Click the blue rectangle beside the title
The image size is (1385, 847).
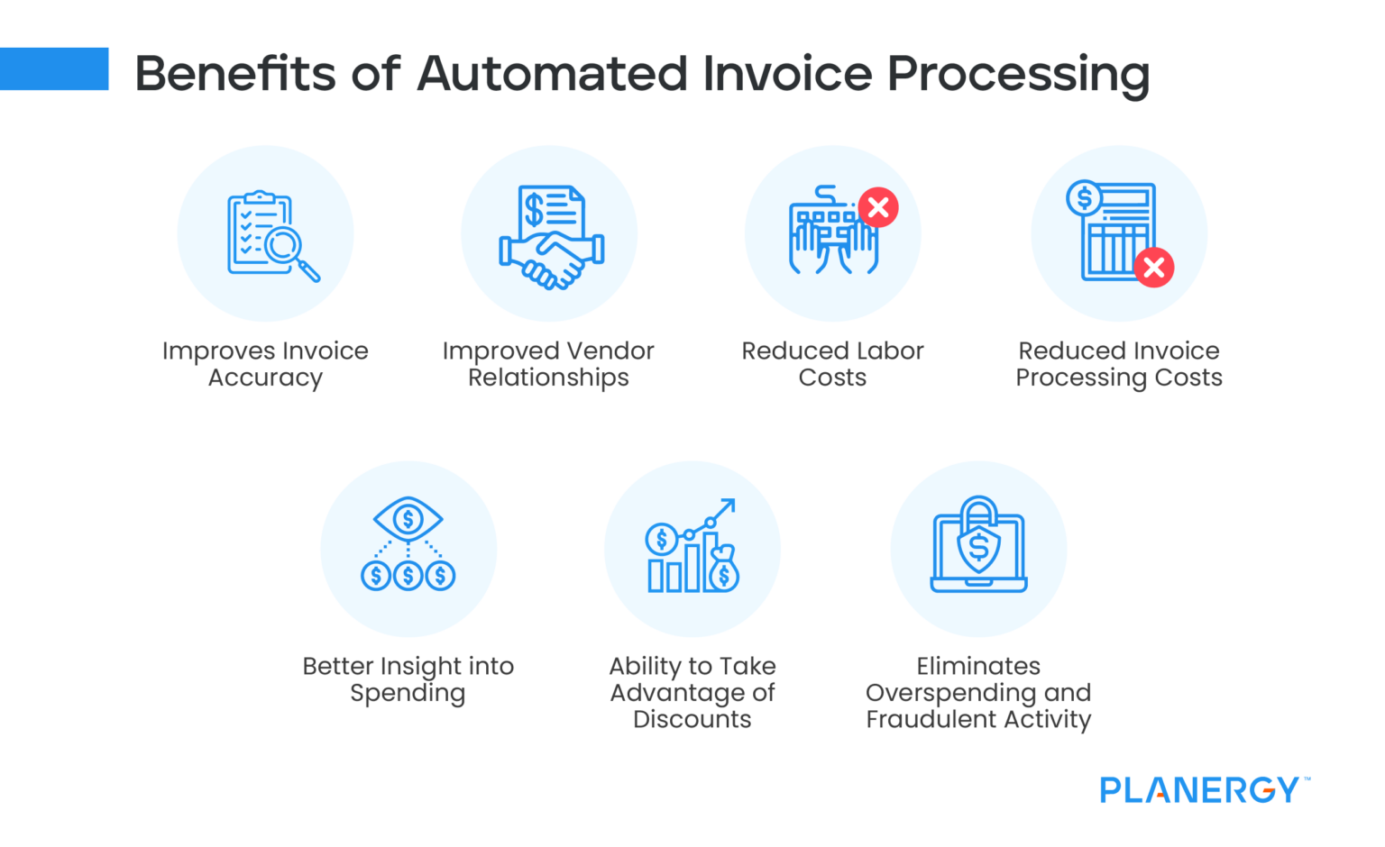pyautogui.click(x=54, y=68)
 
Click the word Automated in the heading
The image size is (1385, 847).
pyautogui.click(x=552, y=74)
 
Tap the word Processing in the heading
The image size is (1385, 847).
pyautogui.click(x=1018, y=76)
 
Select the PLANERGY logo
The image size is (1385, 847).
pyautogui.click(x=1204, y=790)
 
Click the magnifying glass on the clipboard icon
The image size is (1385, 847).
pyautogui.click(x=289, y=250)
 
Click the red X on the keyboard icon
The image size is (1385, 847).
pyautogui.click(x=878, y=207)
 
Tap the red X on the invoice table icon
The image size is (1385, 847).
pyautogui.click(x=1154, y=268)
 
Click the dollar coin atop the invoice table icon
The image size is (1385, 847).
pyautogui.click(x=1085, y=198)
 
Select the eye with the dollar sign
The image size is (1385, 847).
pyautogui.click(x=408, y=519)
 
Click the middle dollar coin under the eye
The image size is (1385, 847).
pyautogui.click(x=408, y=575)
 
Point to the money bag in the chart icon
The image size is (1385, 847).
pyautogui.click(x=724, y=569)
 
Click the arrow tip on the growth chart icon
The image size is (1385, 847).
pyautogui.click(x=734, y=500)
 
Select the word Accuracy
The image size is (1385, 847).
pyautogui.click(x=265, y=378)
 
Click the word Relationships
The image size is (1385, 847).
pyautogui.click(x=548, y=378)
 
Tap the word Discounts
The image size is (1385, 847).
pyautogui.click(x=692, y=719)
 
